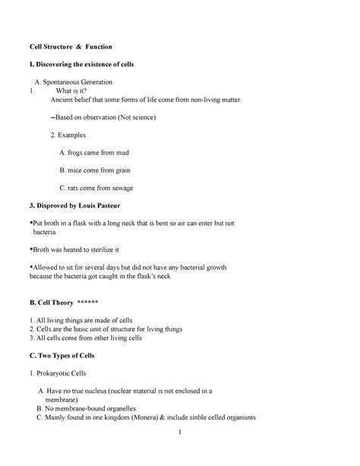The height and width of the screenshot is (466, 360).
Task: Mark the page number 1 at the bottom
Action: pyautogui.click(x=178, y=435)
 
